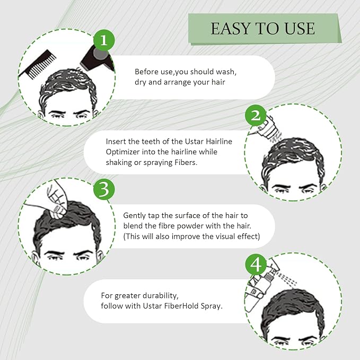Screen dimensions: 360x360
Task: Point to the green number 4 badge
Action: [x=257, y=264]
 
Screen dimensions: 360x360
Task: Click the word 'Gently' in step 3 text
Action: [x=135, y=216]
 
